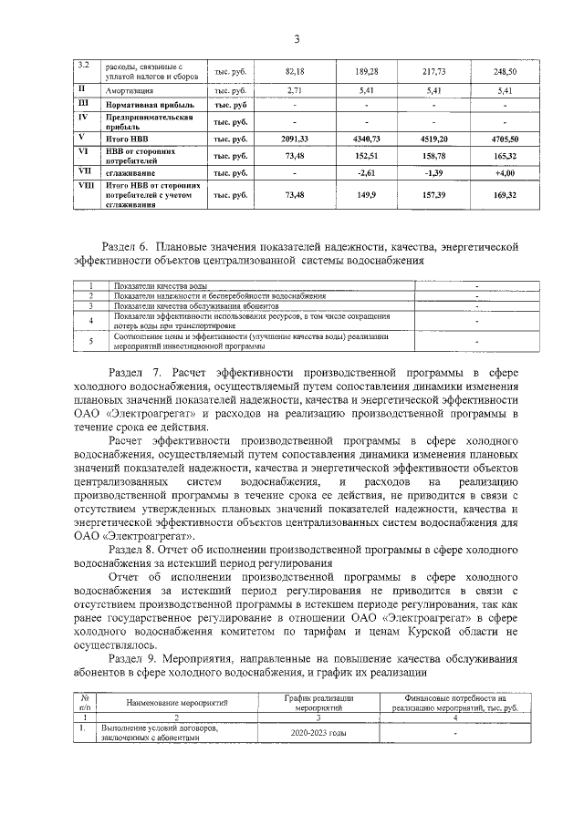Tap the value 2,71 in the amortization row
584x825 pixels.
point(294,92)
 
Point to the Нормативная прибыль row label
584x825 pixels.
point(150,106)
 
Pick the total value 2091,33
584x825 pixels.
point(294,139)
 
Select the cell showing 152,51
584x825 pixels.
point(365,155)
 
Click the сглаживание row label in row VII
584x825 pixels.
point(128,172)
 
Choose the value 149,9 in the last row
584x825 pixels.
point(365,194)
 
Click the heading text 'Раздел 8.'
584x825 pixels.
point(134,551)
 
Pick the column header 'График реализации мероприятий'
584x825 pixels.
point(318,702)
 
